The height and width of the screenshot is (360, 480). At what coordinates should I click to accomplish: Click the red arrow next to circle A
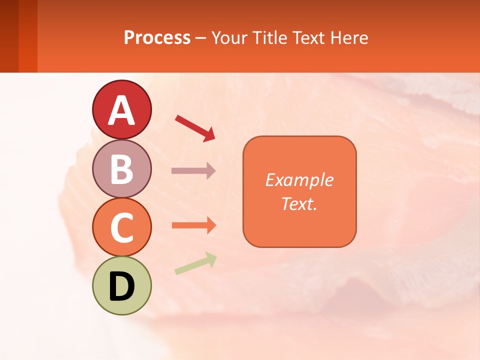[195, 127]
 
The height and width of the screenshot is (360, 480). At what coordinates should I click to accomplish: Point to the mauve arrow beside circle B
[193, 171]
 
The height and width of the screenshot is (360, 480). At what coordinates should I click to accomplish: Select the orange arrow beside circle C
[194, 225]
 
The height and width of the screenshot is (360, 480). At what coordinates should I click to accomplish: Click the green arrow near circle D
[195, 263]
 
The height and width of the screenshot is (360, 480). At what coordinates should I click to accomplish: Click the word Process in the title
[157, 38]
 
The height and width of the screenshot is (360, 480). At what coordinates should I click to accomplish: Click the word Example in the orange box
[299, 180]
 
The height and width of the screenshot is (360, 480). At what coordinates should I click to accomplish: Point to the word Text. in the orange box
[299, 204]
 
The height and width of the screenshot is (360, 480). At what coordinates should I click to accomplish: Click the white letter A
[121, 110]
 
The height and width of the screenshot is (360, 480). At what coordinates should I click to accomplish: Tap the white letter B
[121, 169]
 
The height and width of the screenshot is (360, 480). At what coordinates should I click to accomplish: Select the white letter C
[121, 228]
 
